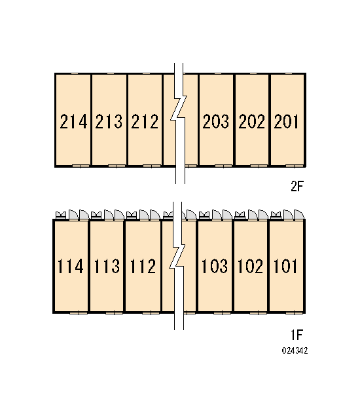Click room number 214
tap(73, 122)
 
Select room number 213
tap(109, 122)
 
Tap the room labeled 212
tap(145, 122)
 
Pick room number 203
tap(216, 122)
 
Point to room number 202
tap(251, 122)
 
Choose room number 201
tap(286, 122)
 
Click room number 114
tap(71, 266)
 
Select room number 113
tap(107, 266)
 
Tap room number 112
tap(143, 266)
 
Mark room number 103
tap(215, 266)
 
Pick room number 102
tap(250, 266)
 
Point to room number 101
tap(285, 266)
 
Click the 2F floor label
tap(297, 186)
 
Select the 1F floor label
tap(297, 335)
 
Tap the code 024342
tap(295, 350)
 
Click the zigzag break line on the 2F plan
tap(179, 123)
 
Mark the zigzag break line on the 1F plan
tap(178, 266)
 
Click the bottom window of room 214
tap(81, 166)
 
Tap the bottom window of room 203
tap(223, 166)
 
